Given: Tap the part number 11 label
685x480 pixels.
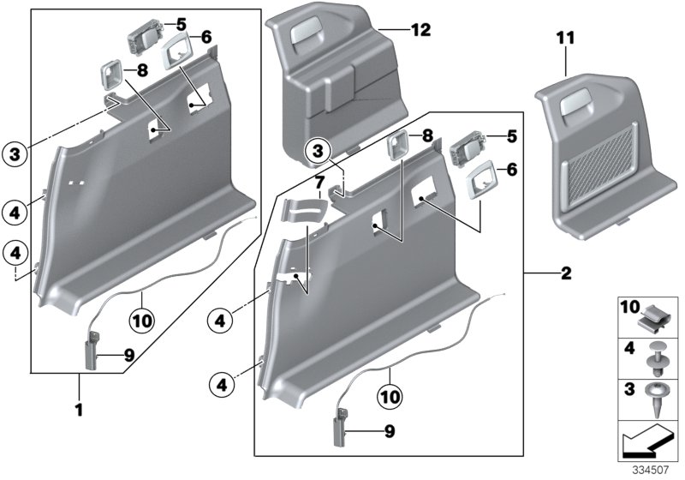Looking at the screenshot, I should pyautogui.click(x=566, y=39).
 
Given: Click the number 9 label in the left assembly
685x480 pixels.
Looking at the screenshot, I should pyautogui.click(x=128, y=353).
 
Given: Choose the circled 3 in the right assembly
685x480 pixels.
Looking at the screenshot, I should pyautogui.click(x=318, y=150).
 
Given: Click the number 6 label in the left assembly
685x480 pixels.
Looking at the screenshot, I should pyautogui.click(x=206, y=37).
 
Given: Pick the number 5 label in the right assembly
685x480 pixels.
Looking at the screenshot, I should pyautogui.click(x=512, y=135).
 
